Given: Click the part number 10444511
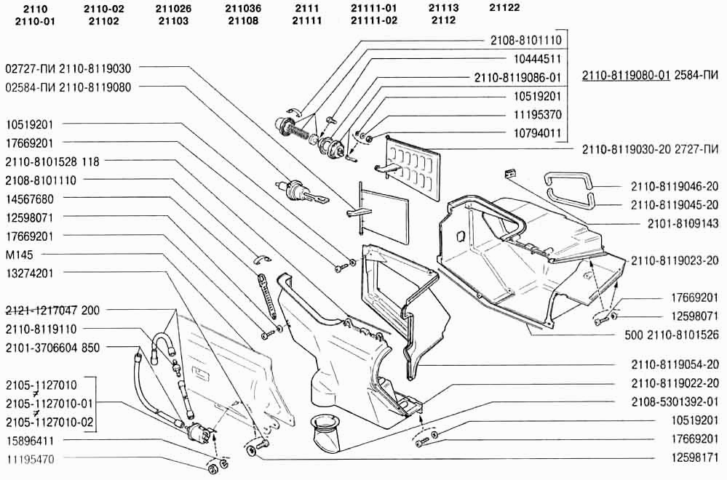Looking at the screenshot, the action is [x=537, y=60].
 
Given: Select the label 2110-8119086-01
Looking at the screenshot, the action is [x=517, y=78].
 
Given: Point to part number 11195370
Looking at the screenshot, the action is [x=537, y=115].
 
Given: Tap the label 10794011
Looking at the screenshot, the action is [x=537, y=134].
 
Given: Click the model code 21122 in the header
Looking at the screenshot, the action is [x=504, y=8].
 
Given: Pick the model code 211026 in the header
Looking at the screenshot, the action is [x=173, y=9].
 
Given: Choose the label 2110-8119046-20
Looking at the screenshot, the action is [x=675, y=187].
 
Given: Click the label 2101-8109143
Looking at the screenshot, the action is [x=683, y=224].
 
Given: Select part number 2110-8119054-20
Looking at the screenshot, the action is [x=675, y=365].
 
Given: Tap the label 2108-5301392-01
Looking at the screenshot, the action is [x=675, y=401].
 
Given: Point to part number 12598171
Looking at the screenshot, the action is [x=695, y=457].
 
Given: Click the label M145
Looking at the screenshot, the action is [x=20, y=255].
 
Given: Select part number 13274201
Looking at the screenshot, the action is [x=30, y=273].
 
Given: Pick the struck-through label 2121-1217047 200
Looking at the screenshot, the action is [x=52, y=310].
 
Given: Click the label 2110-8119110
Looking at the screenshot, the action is [x=41, y=329].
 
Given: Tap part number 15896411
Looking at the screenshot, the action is [x=30, y=440].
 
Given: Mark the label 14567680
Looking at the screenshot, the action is [x=30, y=199].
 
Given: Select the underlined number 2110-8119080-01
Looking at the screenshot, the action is [x=626, y=75].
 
